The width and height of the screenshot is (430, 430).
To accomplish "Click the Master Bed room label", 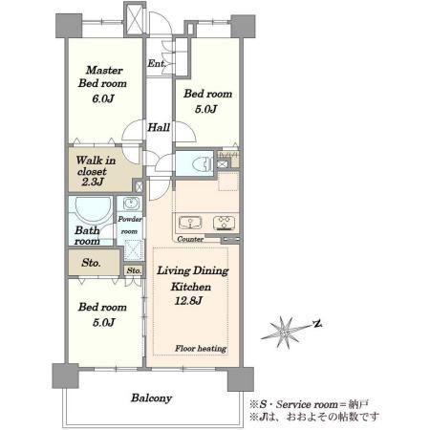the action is coord(102,76).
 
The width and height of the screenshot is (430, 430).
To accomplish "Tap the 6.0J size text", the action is coord(103,98).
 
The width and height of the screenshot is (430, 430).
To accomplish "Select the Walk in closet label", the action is coord(96,165).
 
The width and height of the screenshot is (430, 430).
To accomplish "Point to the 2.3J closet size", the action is coord(93,182).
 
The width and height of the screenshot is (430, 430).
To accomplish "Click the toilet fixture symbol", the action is coord(203,164).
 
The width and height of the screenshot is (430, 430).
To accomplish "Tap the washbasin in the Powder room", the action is coord(131,204).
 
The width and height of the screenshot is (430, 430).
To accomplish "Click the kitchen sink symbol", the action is coord(190,223).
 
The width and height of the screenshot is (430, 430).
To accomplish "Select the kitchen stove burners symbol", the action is coord(225,223).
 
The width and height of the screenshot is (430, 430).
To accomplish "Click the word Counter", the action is coord(190,239).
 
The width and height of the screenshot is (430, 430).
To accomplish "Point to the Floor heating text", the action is coord(201,349).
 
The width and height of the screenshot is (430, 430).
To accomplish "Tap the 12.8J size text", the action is coord(188,301).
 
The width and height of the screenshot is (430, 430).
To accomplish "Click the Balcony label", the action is coord(152,398).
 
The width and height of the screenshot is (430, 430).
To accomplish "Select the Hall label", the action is coord(159,127).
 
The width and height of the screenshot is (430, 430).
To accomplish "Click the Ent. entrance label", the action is coord(157,63).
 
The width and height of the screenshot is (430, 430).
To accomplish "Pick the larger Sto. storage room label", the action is coord(91,263).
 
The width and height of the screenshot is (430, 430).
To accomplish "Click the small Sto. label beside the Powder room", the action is coord(134,270).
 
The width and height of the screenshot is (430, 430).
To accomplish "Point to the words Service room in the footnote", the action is coord(307,404).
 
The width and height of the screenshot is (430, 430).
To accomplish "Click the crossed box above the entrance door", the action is coord(135,19).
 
